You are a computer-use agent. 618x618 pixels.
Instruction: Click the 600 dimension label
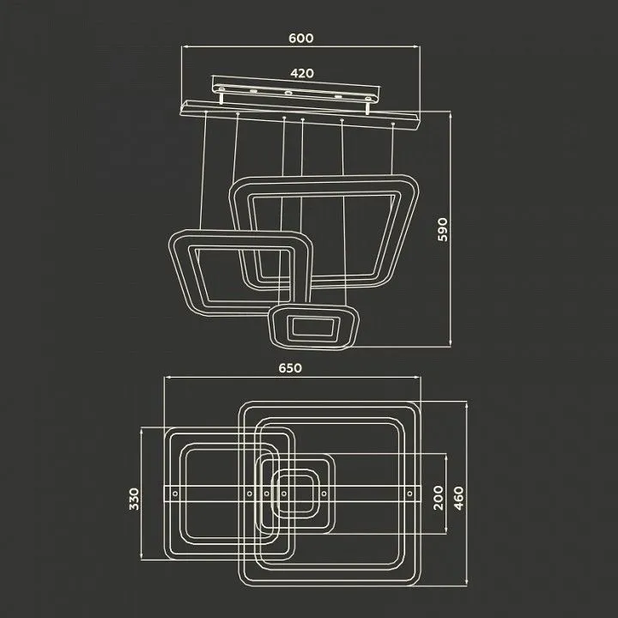tap(301, 39)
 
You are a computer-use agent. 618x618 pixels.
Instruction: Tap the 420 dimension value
tap(302, 73)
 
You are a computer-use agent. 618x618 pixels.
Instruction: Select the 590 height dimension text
tap(443, 229)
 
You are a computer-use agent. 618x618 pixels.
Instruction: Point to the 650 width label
tap(290, 367)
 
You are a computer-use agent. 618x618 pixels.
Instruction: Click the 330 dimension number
tap(134, 499)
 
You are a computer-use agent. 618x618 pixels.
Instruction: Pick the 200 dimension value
tap(439, 497)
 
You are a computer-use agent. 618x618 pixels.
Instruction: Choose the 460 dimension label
tap(459, 498)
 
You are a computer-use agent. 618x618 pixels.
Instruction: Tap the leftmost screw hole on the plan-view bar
tap(175, 494)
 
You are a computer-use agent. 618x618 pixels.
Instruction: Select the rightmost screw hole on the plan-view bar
tap(410, 494)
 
